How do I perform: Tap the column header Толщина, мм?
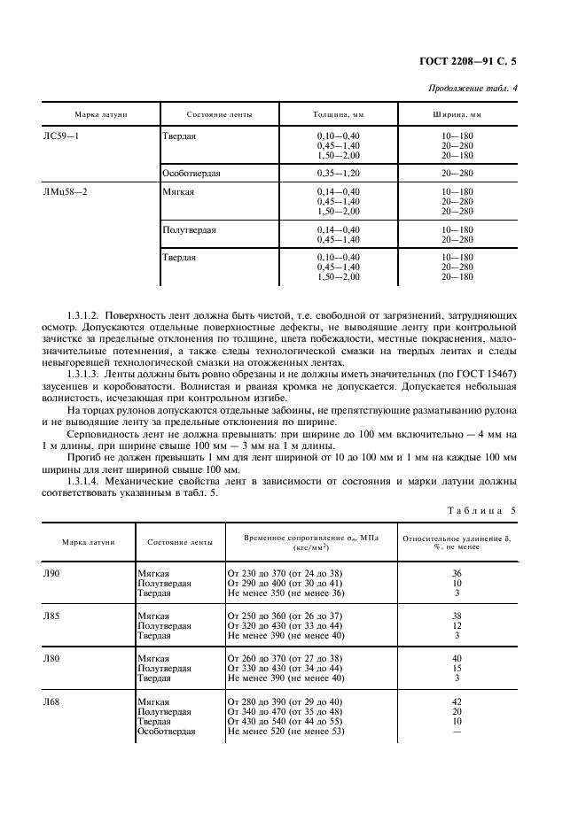click(338, 115)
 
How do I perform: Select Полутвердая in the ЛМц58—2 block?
click(189, 229)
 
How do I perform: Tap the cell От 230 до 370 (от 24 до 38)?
click(285, 574)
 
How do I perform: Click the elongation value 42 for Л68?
click(457, 701)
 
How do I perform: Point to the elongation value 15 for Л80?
click(457, 669)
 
